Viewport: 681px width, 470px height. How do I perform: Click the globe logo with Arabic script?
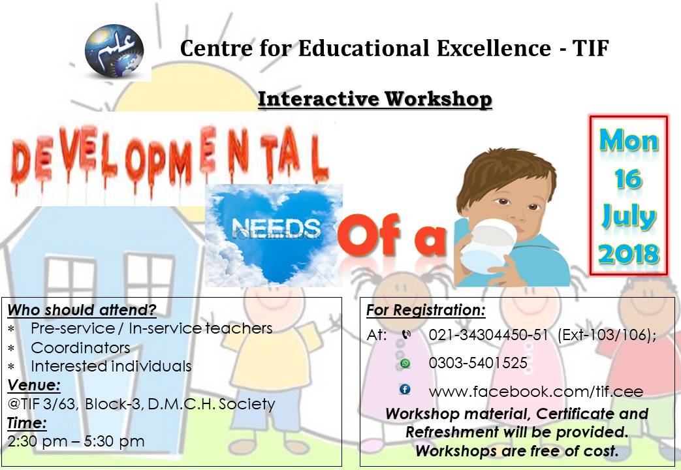click(114, 50)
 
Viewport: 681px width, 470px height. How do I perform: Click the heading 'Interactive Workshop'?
click(375, 99)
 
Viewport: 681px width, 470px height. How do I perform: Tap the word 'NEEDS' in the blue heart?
click(277, 229)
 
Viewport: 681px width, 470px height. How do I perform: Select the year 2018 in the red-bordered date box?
click(629, 253)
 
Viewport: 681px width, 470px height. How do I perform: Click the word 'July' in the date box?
click(629, 216)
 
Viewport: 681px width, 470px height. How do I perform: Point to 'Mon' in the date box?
click(629, 140)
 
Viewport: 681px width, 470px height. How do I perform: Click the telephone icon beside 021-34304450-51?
click(406, 335)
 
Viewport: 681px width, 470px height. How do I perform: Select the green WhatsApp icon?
click(405, 363)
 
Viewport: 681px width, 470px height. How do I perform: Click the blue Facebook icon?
click(405, 390)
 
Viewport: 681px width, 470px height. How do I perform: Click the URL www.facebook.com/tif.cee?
click(535, 392)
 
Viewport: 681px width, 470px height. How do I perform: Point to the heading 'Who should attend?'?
click(82, 309)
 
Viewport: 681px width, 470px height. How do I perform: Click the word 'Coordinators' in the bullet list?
click(80, 347)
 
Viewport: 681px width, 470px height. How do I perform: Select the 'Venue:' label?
click(34, 384)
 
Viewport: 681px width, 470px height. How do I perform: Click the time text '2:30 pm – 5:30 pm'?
click(76, 441)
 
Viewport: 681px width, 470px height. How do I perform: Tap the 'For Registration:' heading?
click(426, 309)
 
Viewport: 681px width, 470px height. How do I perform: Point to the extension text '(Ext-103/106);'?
click(607, 335)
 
